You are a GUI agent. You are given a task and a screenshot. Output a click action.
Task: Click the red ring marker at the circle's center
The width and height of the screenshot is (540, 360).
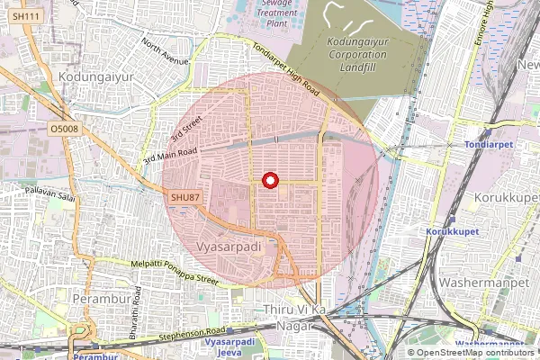(268, 180)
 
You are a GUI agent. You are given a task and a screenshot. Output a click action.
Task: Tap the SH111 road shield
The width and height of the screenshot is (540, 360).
(28, 17)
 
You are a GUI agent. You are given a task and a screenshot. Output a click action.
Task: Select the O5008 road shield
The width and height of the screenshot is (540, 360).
(65, 130)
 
